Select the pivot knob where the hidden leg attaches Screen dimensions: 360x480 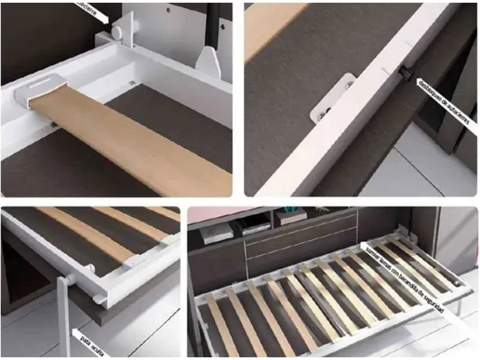71,278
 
